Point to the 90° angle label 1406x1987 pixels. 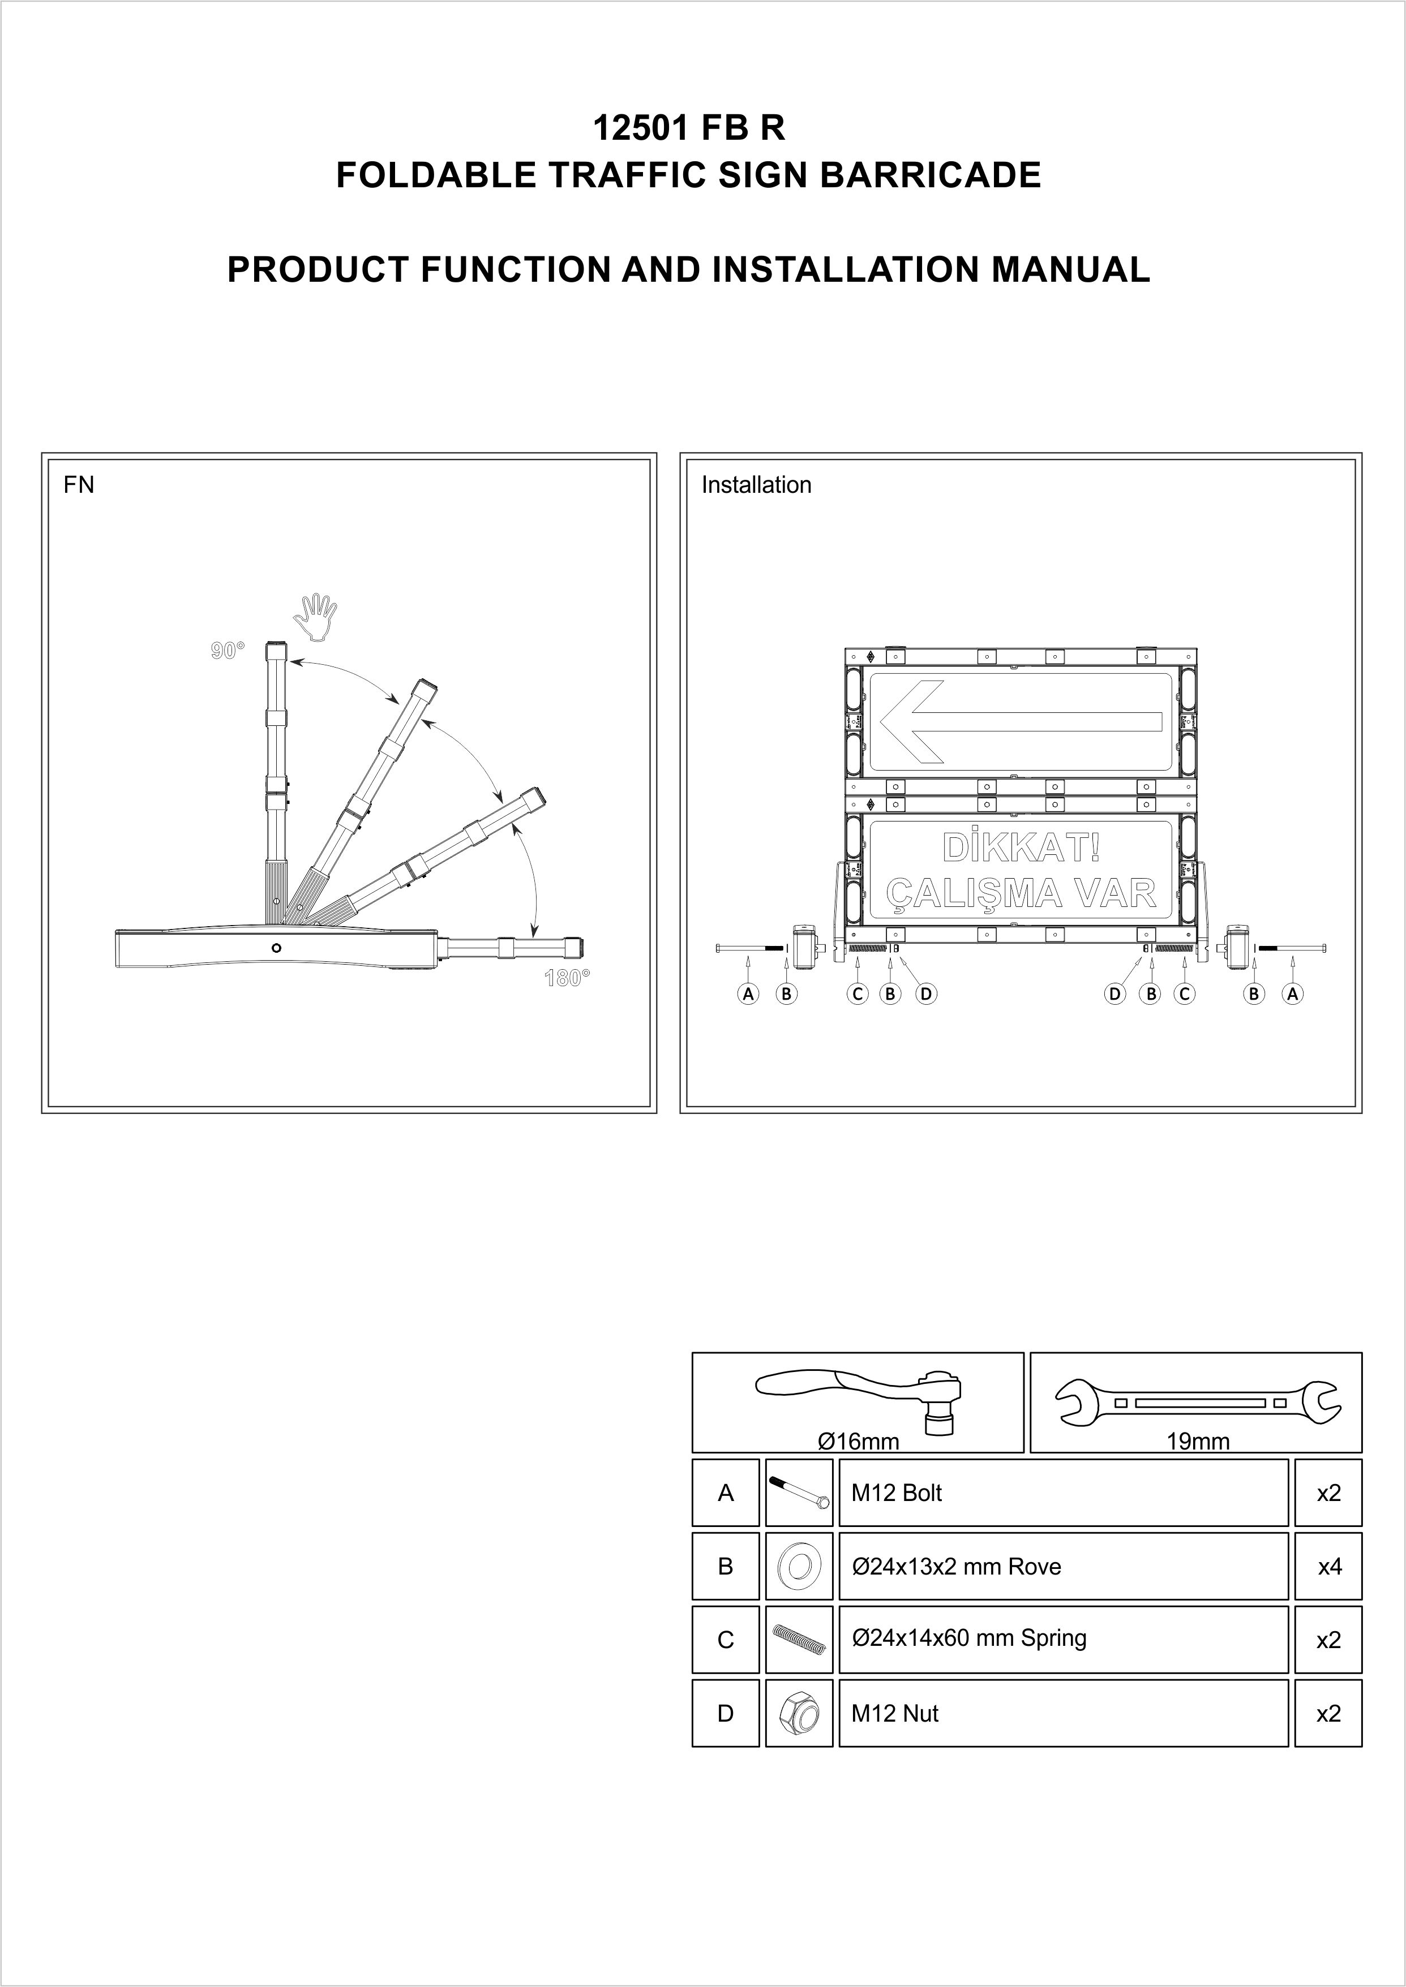pos(228,651)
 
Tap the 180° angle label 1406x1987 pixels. pos(567,979)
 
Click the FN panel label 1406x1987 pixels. pos(79,485)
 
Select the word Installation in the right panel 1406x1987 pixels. pos(756,485)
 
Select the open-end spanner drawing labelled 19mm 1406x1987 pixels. pos(1197,1402)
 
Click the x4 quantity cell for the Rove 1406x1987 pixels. pos(1329,1567)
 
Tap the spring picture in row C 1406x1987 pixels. pos(799,1641)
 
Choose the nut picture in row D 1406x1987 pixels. pos(799,1714)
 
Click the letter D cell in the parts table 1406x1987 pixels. pos(726,1714)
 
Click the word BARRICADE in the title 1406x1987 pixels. pos(930,176)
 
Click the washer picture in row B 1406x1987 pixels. pos(799,1567)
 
